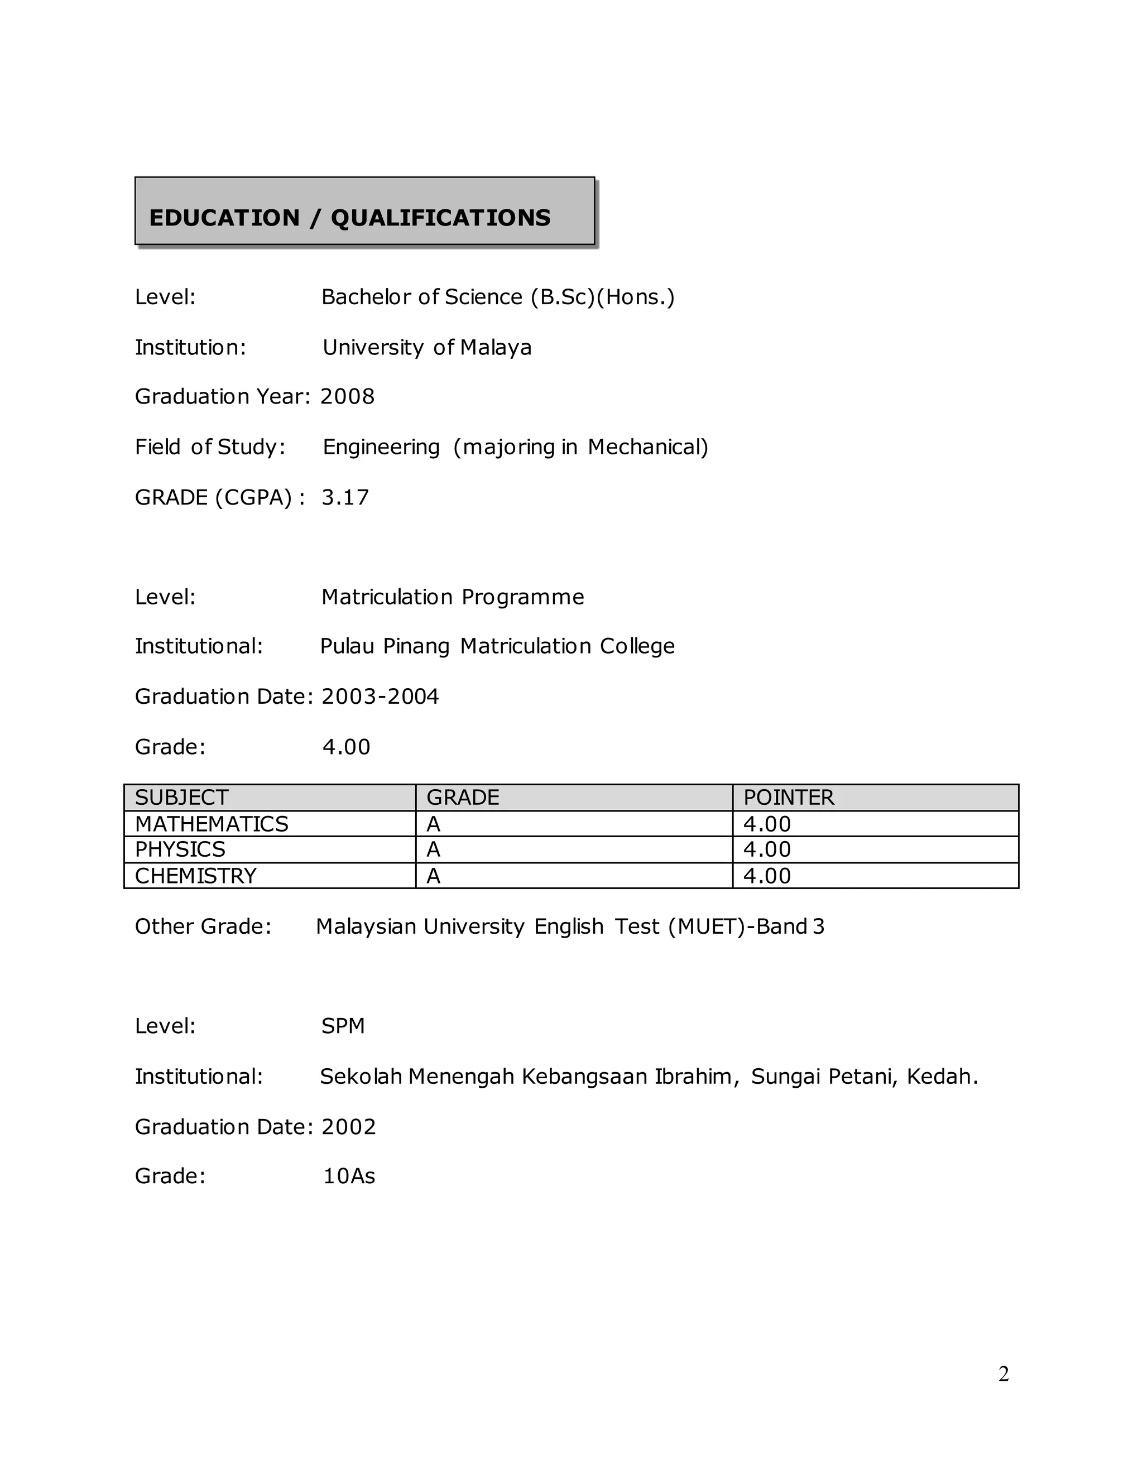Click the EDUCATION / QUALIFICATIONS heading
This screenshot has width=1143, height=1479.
[349, 218]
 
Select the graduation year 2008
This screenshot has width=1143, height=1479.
[347, 396]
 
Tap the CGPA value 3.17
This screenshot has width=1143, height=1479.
[345, 497]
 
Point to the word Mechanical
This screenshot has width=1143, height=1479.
[647, 447]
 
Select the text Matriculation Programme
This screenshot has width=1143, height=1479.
[452, 597]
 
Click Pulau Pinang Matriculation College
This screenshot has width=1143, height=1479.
[497, 646]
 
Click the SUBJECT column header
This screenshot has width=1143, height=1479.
[181, 798]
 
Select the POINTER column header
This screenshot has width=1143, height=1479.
[789, 798]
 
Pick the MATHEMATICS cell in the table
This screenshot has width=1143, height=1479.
[212, 824]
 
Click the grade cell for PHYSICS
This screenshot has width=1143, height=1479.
[433, 849]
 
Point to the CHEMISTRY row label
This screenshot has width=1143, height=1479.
[196, 876]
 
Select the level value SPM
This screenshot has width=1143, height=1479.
[343, 1026]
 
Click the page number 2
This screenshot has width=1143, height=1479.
[1003, 1374]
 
